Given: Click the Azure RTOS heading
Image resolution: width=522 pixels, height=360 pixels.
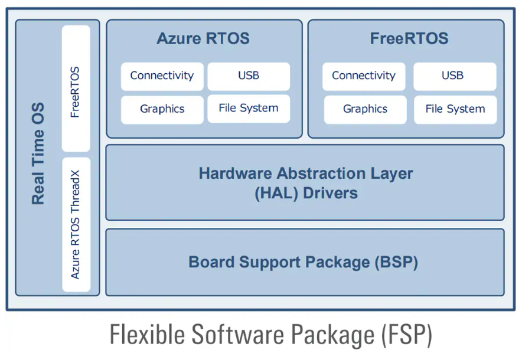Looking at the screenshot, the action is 203,38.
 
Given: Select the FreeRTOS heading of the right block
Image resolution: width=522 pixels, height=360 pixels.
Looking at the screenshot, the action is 409,38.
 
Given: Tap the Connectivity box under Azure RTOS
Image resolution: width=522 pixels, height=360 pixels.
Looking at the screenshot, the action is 162,76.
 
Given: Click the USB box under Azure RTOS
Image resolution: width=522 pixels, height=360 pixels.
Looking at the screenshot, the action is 249,76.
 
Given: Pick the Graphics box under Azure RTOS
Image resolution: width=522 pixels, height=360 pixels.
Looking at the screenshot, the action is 162,110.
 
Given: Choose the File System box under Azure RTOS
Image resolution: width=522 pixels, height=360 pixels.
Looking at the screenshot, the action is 249,109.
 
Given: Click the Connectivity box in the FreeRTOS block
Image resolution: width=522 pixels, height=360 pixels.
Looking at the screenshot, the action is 364,76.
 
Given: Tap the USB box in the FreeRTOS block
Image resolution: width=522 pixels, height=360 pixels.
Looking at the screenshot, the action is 455,76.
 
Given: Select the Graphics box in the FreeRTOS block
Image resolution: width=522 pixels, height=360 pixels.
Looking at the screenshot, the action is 365,110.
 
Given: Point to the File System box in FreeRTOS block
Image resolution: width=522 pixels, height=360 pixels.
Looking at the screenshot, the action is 455,110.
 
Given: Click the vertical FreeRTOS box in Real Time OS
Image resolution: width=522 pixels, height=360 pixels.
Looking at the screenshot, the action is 76,89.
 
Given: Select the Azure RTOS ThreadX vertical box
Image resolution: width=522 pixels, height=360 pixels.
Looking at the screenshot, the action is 76,225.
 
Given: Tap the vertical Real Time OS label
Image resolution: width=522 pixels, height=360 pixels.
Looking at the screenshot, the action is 38,153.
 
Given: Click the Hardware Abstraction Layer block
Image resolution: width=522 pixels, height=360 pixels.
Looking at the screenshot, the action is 305,183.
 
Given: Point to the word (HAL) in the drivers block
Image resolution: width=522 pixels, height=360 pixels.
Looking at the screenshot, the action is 276,193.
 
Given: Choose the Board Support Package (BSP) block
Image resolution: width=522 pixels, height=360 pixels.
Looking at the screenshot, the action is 305,262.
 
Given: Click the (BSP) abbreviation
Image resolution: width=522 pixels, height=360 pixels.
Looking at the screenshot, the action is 396,262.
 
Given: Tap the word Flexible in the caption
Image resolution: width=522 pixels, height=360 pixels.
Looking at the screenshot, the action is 147,335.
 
